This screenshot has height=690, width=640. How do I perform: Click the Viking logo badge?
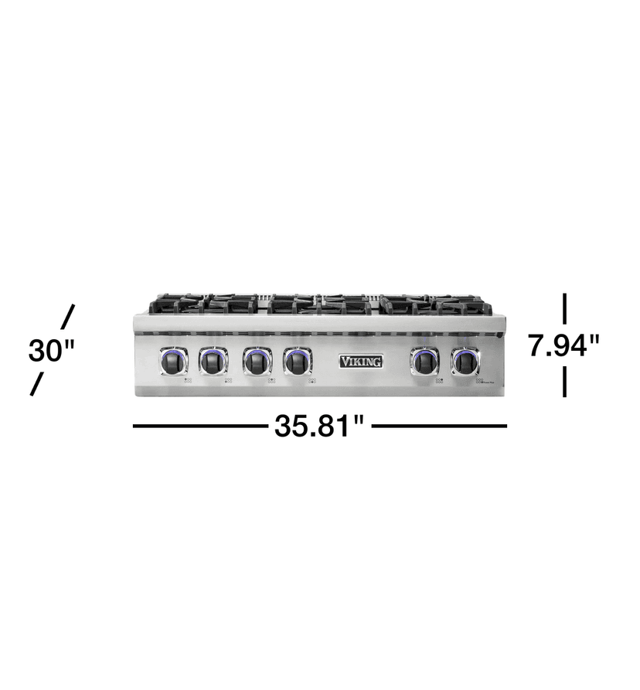[361, 361]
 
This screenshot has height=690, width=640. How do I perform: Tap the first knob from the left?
[174, 361]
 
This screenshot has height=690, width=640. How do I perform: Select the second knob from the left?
[213, 361]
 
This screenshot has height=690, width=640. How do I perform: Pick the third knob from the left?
[257, 361]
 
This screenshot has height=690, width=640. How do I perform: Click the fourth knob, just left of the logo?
[298, 361]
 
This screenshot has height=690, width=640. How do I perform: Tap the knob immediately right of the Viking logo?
[424, 361]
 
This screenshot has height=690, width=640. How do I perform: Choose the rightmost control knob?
[465, 361]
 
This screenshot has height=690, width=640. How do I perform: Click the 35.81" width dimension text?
[319, 426]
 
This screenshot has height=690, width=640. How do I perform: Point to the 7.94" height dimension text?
[563, 345]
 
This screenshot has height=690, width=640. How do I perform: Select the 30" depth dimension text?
[51, 351]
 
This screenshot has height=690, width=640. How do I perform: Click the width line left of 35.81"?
[200, 426]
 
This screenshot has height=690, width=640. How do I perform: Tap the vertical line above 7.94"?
[565, 308]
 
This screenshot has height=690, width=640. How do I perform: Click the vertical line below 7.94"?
[565, 382]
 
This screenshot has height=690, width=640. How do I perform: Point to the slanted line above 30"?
[68, 316]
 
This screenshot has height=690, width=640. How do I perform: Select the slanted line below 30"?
[36, 385]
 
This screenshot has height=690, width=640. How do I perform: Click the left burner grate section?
[203, 304]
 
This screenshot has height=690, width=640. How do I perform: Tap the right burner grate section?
[435, 304]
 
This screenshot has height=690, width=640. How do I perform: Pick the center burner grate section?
[319, 304]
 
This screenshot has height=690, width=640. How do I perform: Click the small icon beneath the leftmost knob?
[187, 380]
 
